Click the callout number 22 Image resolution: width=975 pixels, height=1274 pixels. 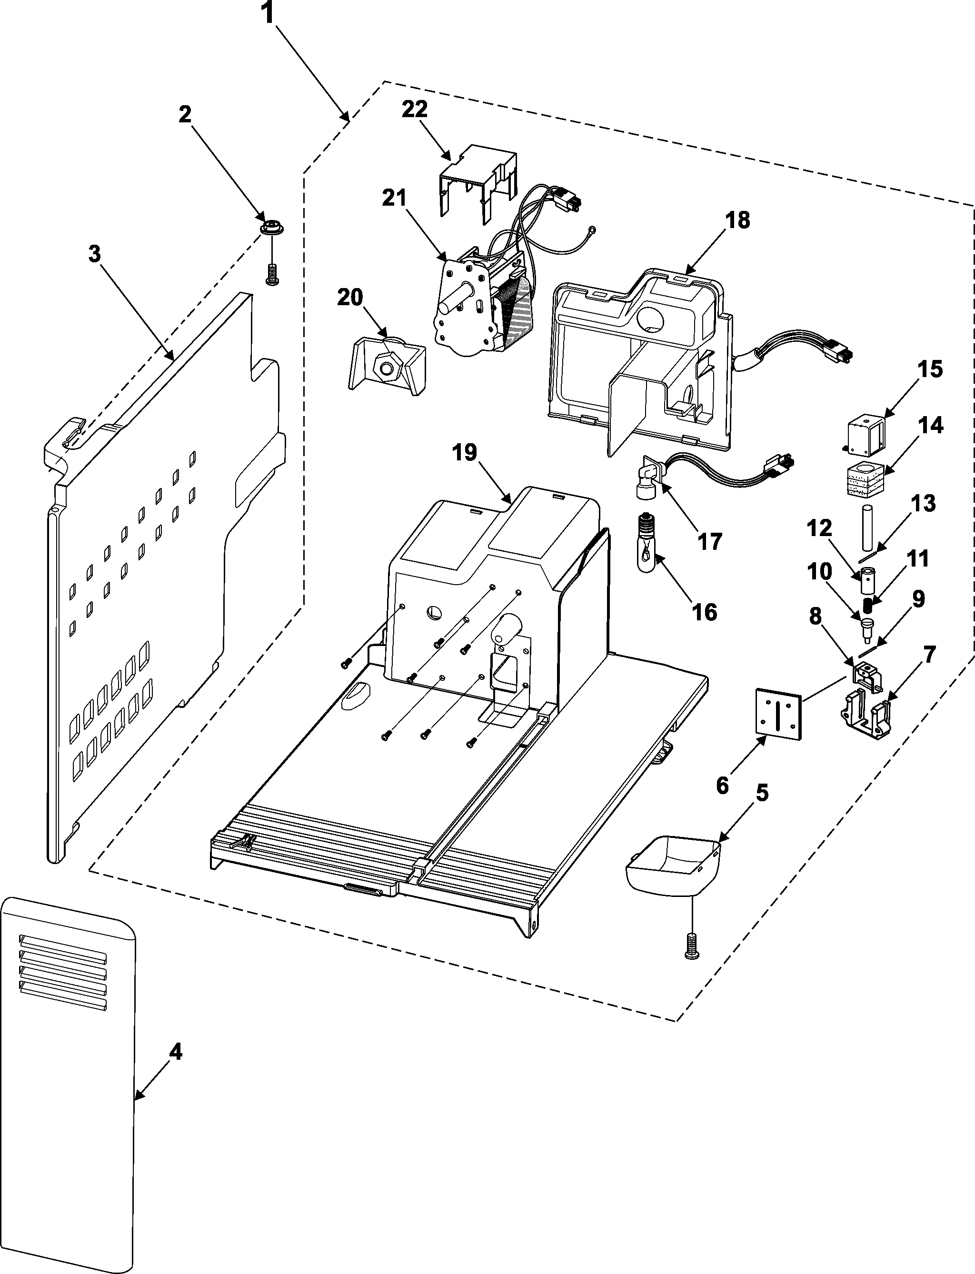coord(414,109)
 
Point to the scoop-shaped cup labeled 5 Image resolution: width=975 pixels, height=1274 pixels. coord(673,866)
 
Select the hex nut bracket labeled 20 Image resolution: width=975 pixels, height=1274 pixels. coord(387,366)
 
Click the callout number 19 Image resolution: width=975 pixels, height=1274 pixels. coord(464,452)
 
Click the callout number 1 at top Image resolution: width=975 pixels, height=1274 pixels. coord(267,13)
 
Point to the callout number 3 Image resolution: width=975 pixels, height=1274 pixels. coord(94,254)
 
